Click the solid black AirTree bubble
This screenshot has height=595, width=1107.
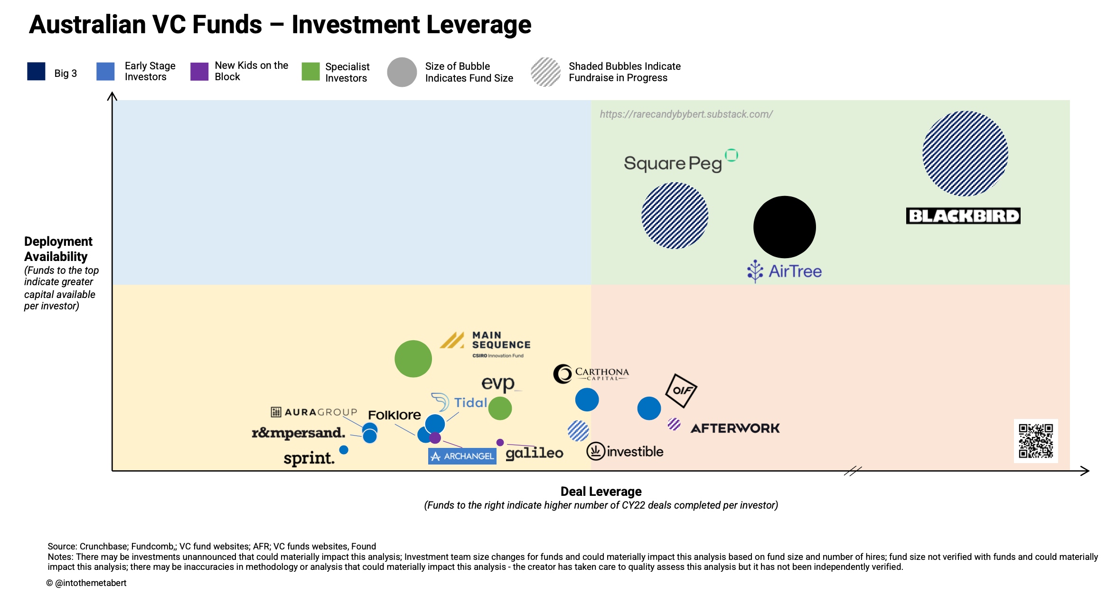point(784,227)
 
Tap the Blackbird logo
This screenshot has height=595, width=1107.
point(963,216)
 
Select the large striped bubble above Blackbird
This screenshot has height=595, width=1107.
point(965,153)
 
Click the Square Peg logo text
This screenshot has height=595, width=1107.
point(673,164)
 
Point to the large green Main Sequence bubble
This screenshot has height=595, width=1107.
point(413,359)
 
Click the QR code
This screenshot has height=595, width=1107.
point(1036,441)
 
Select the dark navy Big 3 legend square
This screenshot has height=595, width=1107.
point(37,72)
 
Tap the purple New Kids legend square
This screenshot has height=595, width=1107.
point(199,72)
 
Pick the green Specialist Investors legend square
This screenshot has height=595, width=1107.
point(311,72)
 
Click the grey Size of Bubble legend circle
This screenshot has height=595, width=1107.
point(402,72)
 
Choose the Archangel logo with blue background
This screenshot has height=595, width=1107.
point(462,456)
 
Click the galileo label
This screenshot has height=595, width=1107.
point(535,453)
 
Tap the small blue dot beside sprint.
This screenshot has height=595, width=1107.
point(344,449)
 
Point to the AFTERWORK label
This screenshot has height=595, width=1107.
point(735,428)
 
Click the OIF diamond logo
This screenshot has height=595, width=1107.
point(681,390)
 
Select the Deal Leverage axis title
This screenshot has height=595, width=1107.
point(601,492)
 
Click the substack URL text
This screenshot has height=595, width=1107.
point(686,114)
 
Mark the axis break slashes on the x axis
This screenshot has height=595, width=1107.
point(853,471)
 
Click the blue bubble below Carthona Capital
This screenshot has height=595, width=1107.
point(587,400)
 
